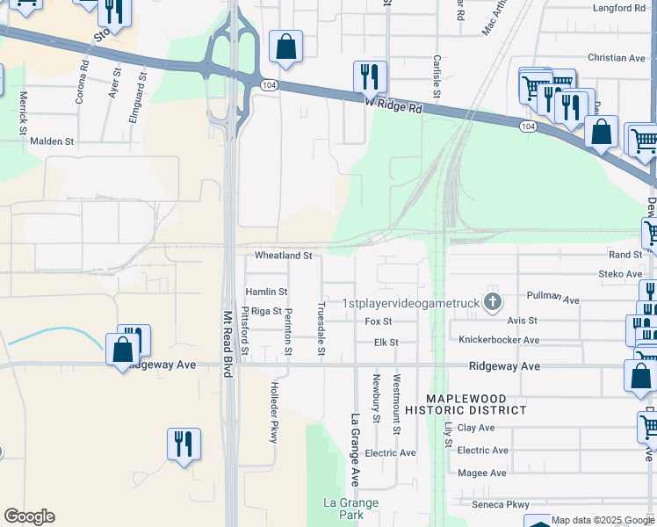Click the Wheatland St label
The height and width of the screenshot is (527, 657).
point(283,256)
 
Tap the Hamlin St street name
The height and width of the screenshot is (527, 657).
point(266,292)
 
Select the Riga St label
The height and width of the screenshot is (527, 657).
point(266,311)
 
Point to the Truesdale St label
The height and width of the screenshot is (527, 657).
point(321,329)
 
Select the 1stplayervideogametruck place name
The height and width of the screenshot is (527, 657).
point(409,303)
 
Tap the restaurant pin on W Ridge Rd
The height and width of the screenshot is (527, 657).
point(370,77)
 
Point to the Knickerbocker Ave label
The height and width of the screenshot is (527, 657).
point(499,340)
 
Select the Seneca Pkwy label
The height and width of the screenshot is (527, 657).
point(501,505)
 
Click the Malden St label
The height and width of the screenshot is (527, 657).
point(52,141)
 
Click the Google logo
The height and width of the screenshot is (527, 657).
point(29,516)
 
